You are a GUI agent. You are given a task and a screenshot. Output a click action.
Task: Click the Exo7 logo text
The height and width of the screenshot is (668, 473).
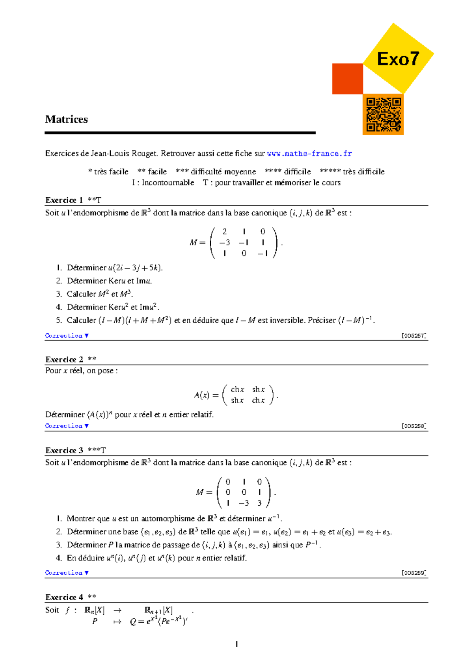point(398,59)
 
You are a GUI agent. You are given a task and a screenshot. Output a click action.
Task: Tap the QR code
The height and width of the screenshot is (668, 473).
point(383,115)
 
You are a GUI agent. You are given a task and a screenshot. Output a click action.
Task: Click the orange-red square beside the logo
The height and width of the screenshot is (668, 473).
point(347,79)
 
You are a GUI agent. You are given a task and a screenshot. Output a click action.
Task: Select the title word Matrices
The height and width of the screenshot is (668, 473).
point(66,119)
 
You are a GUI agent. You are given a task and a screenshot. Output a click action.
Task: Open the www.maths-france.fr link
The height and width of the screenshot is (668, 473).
point(309,154)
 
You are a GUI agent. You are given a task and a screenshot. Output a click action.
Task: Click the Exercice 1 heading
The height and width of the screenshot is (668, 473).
point(64,200)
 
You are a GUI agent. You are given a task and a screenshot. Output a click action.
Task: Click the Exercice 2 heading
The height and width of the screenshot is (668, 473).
point(64,359)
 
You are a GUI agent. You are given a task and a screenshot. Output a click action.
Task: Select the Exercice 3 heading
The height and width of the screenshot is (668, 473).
point(64,450)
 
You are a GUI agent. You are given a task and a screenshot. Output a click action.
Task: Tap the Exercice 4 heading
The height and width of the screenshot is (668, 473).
point(64,597)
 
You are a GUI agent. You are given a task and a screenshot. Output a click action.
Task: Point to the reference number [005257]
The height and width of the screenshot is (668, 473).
point(414,336)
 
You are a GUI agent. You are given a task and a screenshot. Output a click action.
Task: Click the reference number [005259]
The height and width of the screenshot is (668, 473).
point(414,573)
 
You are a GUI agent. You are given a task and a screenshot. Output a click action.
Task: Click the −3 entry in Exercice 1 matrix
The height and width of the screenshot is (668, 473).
point(224,243)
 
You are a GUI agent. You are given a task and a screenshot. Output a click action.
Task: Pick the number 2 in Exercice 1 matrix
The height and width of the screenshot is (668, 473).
point(225,232)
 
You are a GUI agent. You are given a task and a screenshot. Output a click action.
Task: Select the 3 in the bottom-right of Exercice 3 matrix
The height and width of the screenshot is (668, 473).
point(259,503)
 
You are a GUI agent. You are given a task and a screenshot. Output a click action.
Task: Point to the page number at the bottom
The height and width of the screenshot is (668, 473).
point(236,644)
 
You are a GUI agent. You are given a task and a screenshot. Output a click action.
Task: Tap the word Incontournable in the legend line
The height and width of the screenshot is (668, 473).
point(168,183)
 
